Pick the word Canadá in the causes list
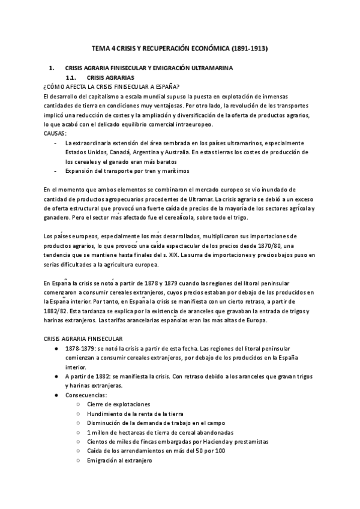(x=122, y=152)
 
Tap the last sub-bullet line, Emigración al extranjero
(x=119, y=460)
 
